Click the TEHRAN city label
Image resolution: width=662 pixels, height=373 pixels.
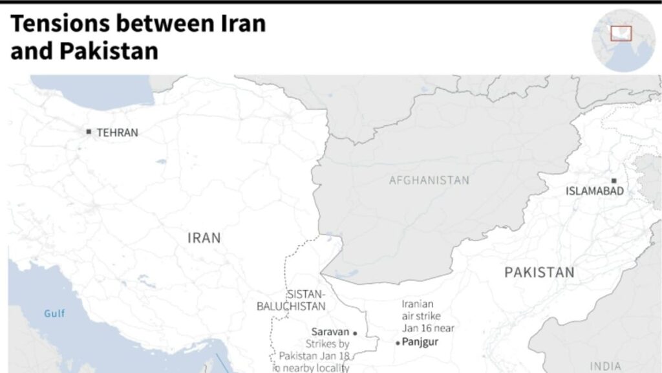point(117,133)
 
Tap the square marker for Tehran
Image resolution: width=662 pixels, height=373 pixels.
point(89,132)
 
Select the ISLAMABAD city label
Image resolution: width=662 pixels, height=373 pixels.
point(595,191)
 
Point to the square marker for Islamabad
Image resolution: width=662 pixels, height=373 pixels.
point(614,181)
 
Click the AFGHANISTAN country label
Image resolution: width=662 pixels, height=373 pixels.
point(429,180)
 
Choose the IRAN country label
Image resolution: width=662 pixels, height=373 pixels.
point(204,238)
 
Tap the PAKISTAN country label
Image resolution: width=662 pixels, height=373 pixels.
point(539,273)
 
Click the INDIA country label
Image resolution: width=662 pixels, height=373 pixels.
point(606,367)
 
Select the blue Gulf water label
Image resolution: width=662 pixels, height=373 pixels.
point(54,314)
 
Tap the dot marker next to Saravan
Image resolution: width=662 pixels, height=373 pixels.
point(355,334)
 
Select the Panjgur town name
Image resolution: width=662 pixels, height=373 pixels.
point(420,342)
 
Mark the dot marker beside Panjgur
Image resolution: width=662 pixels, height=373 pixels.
point(398,343)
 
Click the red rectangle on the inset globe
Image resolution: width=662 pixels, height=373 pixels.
point(621,33)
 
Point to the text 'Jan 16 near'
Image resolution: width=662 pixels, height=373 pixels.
point(428,328)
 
